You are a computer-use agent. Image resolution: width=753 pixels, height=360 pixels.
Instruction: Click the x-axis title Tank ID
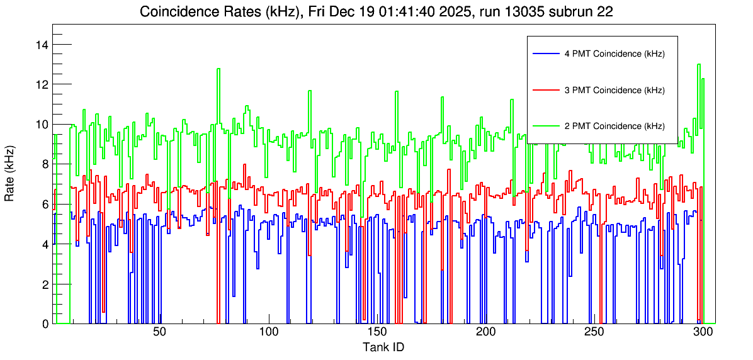click(x=383, y=347)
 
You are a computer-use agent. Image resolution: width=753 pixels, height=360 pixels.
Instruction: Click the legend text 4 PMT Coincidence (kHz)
click(x=614, y=54)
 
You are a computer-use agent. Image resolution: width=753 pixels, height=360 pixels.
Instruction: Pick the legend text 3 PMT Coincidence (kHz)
click(x=614, y=90)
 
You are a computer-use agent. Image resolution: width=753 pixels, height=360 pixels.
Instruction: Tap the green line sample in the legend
click(x=545, y=126)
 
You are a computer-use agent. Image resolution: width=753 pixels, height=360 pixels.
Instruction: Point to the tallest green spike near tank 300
click(x=699, y=65)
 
